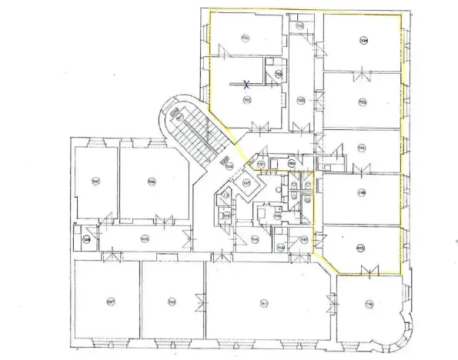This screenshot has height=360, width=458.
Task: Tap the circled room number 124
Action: (363, 40)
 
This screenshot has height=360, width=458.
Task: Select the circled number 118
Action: (361, 192)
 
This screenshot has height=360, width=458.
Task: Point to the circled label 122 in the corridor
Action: (301, 101)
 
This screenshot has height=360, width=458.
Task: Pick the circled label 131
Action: (261, 165)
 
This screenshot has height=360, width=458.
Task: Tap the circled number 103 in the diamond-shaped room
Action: (247, 183)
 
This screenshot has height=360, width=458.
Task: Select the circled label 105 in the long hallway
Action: (145, 238)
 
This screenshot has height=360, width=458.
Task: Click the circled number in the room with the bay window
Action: (369, 305)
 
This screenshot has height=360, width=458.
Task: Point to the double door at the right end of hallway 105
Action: (189, 238)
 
